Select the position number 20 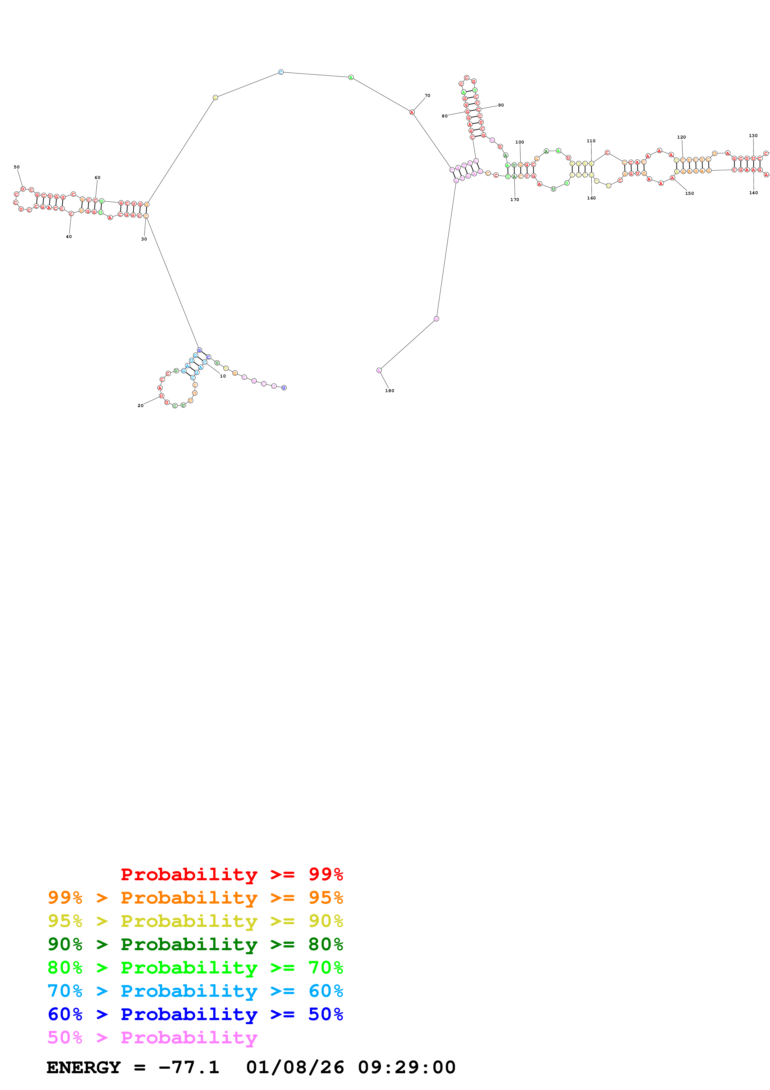[140, 405]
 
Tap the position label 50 [16, 167]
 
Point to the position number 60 [97, 177]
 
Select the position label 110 [591, 141]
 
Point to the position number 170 [514, 199]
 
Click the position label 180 [390, 391]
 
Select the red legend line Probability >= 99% [231, 874]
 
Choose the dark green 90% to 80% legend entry [195, 944]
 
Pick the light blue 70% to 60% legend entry [195, 991]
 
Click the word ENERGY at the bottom [84, 1067]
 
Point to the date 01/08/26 [295, 1067]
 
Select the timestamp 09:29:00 [407, 1067]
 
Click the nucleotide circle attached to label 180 [379, 370]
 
